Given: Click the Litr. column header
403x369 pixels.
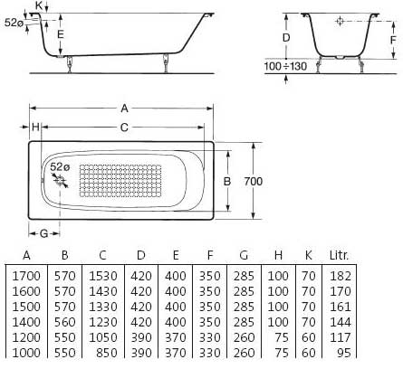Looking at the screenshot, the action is pyautogui.click(x=339, y=256).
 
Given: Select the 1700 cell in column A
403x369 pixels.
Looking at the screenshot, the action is pyautogui.click(x=26, y=276).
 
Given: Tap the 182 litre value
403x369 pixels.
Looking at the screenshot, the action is pyautogui.click(x=341, y=276).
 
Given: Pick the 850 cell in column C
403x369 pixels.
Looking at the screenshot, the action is pyautogui.click(x=106, y=353).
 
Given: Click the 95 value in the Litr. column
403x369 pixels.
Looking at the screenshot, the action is pyautogui.click(x=344, y=353).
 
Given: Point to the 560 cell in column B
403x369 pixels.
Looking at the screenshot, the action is pyautogui.click(x=64, y=322).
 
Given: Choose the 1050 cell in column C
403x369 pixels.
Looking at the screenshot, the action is pyautogui.click(x=103, y=337).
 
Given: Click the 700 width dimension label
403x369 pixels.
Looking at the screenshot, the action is pyautogui.click(x=254, y=181).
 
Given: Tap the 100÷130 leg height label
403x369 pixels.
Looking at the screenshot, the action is pyautogui.click(x=285, y=66).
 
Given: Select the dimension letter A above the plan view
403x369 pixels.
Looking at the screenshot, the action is pyautogui.click(x=124, y=109).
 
